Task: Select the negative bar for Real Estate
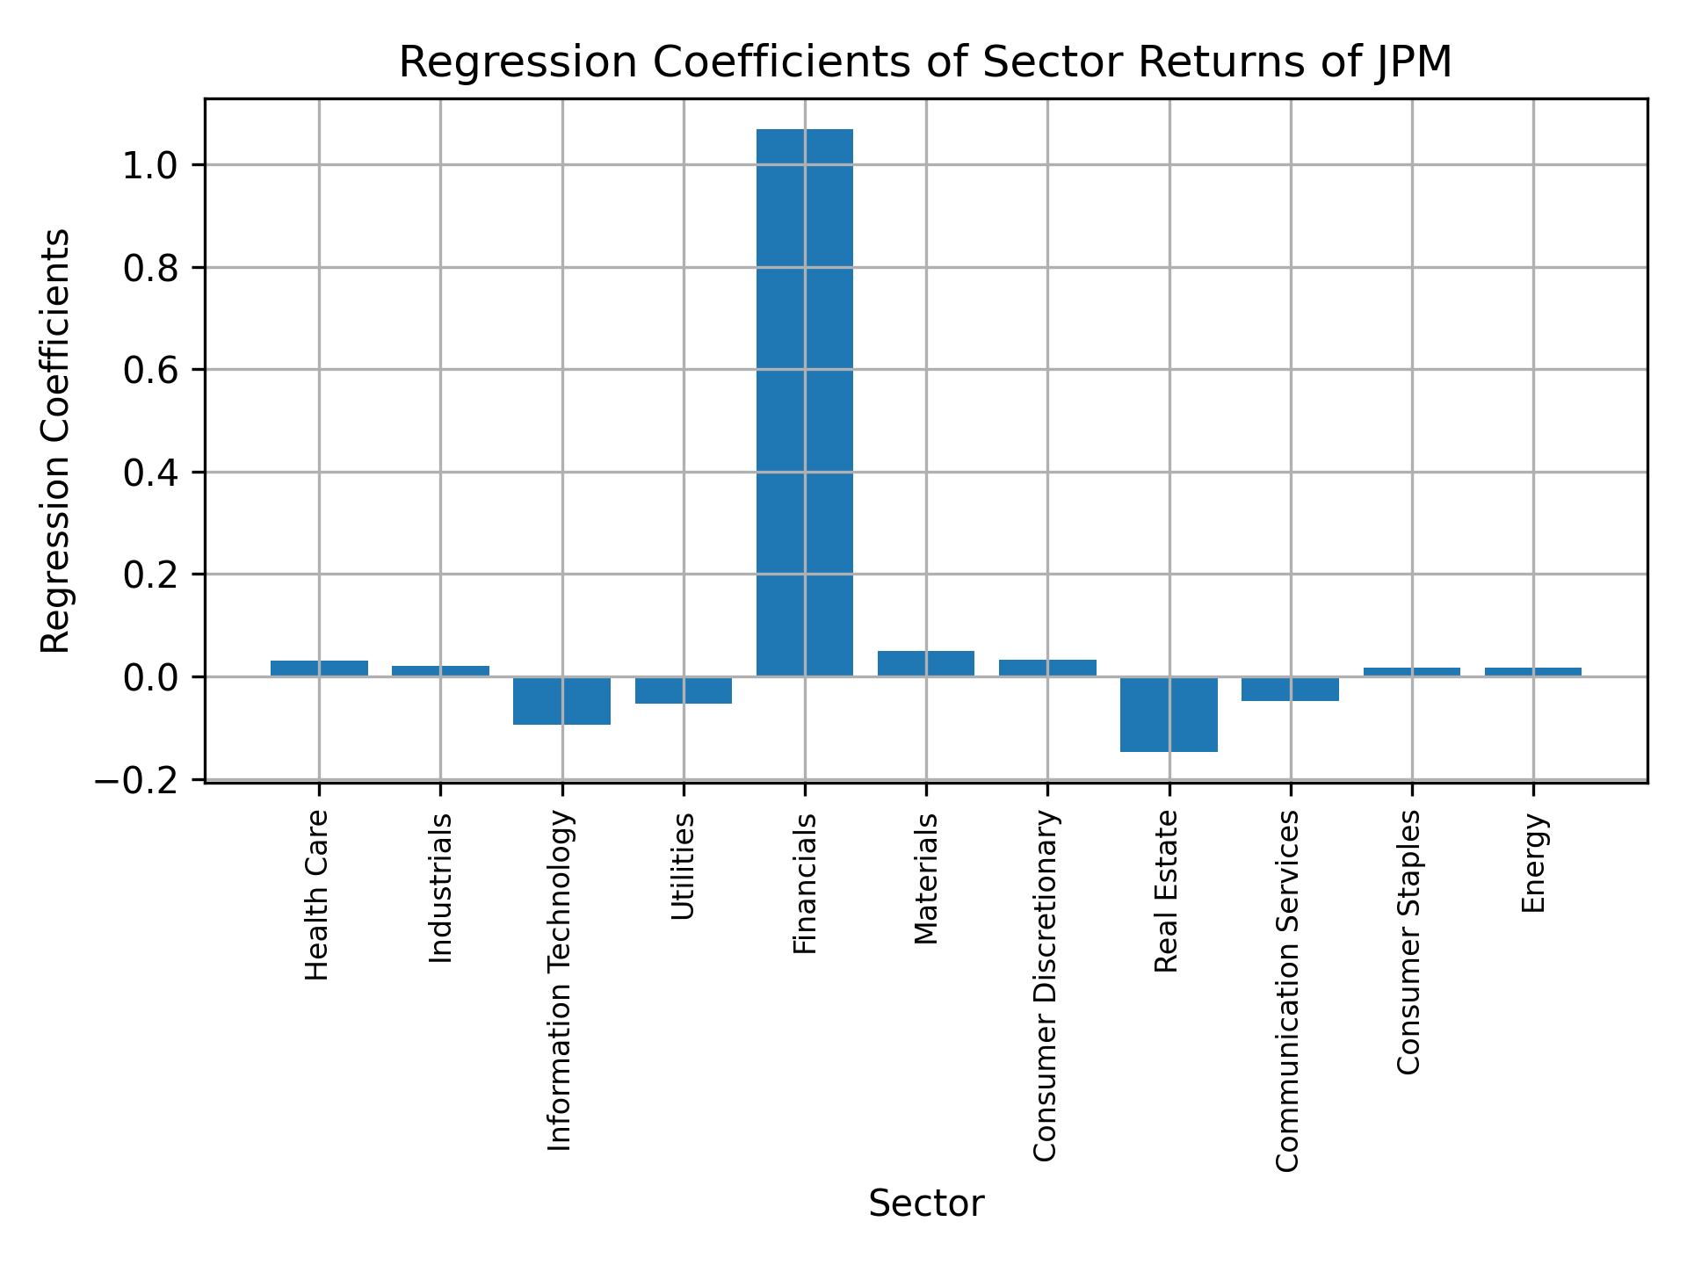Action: click(x=1169, y=714)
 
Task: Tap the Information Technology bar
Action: click(x=561, y=700)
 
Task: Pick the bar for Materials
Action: click(x=926, y=663)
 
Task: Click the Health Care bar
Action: click(x=319, y=668)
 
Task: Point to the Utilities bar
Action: click(x=684, y=690)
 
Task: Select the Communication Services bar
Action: click(x=1290, y=689)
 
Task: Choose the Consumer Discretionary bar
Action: click(x=1047, y=668)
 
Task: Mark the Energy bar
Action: click(x=1533, y=672)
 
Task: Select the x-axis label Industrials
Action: click(x=440, y=887)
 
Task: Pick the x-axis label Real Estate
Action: click(x=1166, y=892)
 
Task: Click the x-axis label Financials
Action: click(x=805, y=883)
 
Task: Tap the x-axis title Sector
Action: click(x=926, y=1204)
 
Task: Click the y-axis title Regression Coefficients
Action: click(x=56, y=441)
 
